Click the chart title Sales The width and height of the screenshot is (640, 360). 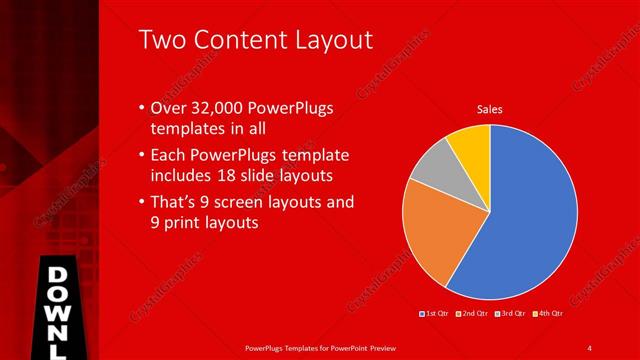coord(489,109)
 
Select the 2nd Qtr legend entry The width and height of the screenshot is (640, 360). coord(472,314)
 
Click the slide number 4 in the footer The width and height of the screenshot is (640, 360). coord(589,347)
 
